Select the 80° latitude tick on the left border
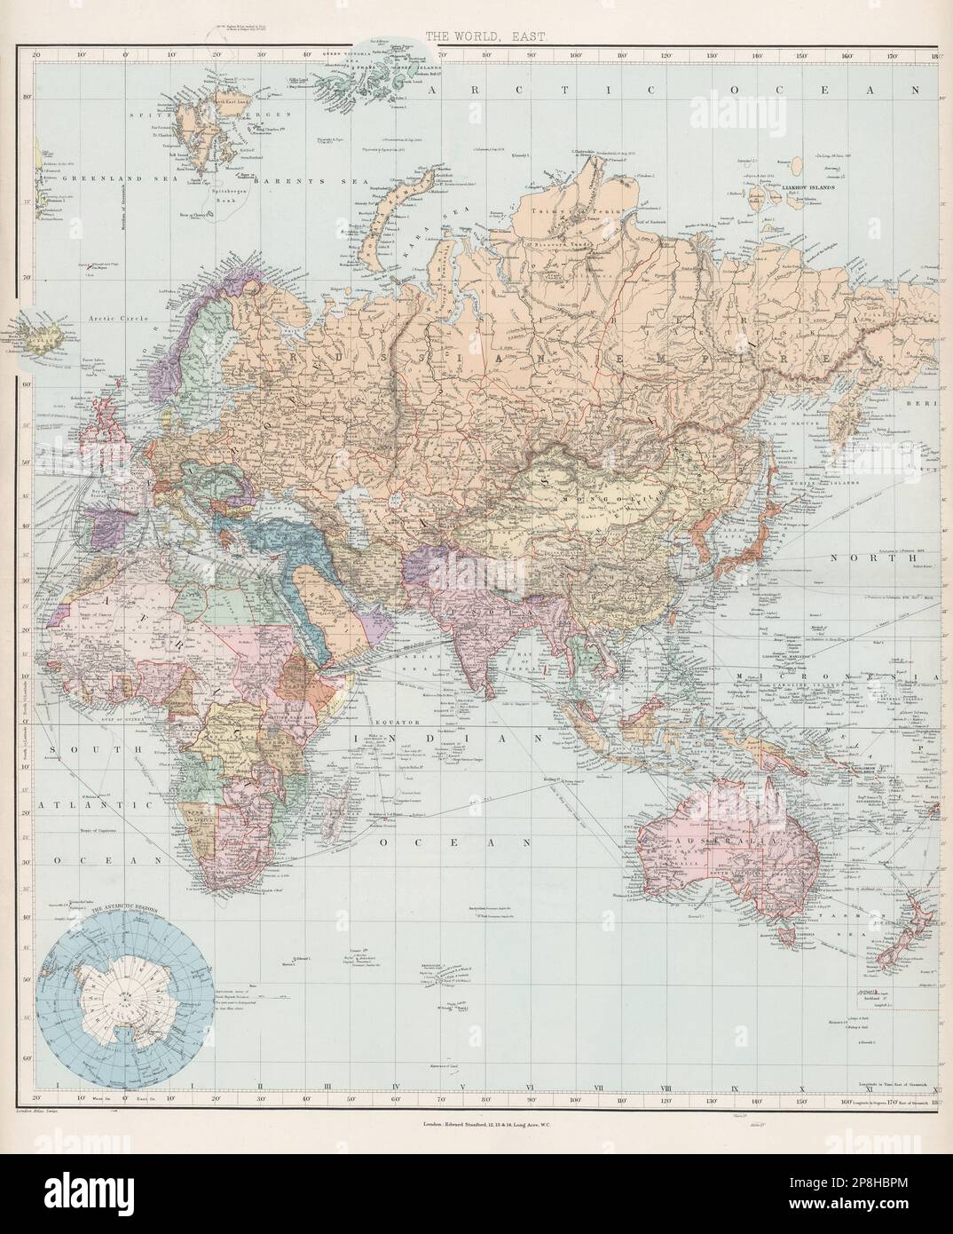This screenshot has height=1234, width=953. tap(26, 98)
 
